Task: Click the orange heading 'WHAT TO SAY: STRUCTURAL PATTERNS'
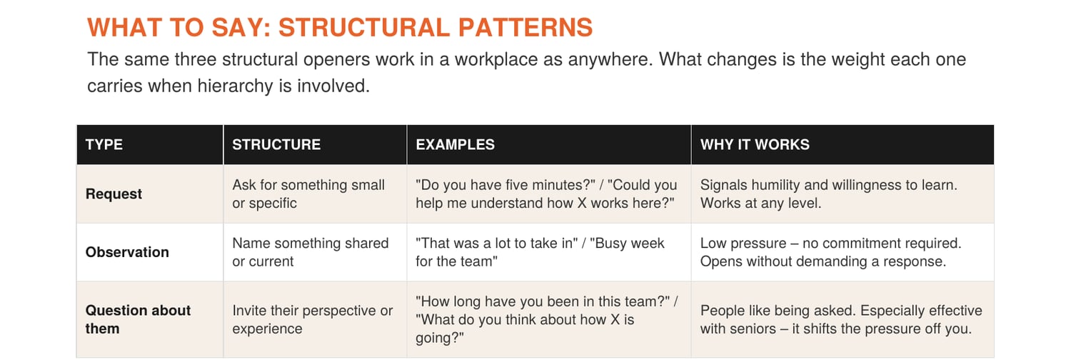340,27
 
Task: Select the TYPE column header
104,144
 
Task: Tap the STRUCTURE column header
276,144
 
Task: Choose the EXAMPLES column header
456,144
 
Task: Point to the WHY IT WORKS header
755,144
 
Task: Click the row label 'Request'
114,194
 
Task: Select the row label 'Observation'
127,252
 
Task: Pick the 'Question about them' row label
139,319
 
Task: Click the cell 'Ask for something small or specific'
308,194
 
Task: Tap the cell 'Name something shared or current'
311,252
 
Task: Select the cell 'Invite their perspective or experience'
313,319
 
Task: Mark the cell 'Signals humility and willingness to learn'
829,194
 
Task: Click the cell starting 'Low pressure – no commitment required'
831,252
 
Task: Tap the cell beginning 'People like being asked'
842,319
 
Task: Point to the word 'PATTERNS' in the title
526,27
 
